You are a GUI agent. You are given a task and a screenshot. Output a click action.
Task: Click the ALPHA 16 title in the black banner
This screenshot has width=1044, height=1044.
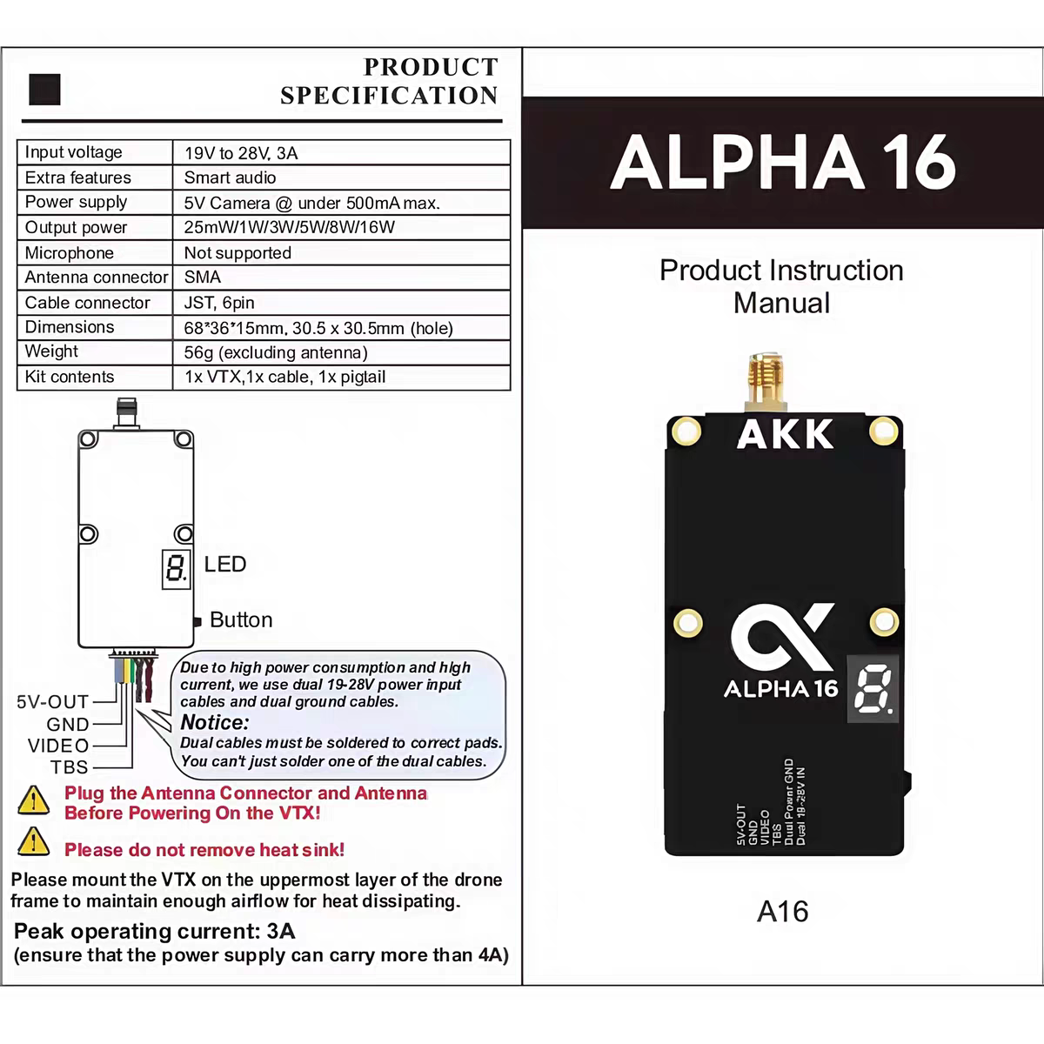point(782,163)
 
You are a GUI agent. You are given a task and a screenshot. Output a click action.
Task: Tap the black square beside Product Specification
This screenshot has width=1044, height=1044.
point(44,89)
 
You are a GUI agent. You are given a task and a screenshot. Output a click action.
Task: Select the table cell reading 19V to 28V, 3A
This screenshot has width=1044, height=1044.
point(241,153)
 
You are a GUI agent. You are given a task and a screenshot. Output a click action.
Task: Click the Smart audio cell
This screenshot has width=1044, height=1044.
point(230,177)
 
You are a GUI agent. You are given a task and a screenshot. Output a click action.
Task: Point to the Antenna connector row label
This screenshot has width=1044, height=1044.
point(96,278)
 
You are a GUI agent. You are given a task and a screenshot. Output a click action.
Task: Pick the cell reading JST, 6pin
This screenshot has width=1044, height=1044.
point(219,303)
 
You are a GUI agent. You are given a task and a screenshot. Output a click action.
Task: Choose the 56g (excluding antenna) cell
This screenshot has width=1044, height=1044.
point(276,352)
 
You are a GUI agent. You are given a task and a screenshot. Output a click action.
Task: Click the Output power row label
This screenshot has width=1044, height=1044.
point(76,227)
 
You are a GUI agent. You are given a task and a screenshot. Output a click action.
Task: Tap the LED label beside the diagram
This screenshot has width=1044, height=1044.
point(225,565)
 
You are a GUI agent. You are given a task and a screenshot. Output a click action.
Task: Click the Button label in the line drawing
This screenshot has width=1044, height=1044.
point(241,619)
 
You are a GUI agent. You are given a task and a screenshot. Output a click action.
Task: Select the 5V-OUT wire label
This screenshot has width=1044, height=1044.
point(53,701)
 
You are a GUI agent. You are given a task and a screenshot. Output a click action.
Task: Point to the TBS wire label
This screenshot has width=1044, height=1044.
point(70,767)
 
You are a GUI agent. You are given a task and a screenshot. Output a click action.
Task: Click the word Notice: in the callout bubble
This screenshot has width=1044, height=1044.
point(215,722)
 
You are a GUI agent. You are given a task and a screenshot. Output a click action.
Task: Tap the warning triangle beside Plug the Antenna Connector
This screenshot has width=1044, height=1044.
point(33,800)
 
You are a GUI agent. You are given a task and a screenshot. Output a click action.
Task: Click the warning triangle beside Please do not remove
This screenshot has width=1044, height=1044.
point(33,842)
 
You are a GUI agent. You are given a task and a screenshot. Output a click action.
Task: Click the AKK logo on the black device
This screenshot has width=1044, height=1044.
point(785,434)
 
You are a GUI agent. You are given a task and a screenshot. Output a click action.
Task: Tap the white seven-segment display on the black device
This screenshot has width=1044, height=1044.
point(874,693)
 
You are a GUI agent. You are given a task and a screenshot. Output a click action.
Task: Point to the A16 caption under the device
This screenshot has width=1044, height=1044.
point(782,911)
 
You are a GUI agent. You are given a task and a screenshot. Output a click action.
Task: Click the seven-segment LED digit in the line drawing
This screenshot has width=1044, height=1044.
point(175,569)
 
